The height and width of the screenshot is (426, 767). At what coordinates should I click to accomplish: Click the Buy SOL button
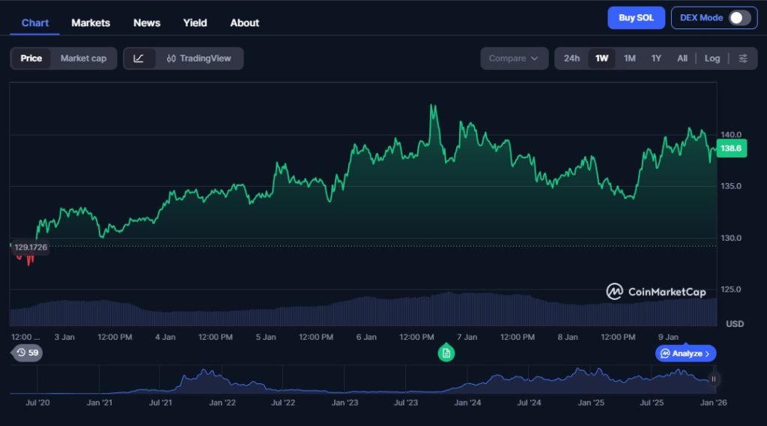point(636,18)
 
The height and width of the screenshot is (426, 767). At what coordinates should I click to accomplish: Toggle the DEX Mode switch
point(739,18)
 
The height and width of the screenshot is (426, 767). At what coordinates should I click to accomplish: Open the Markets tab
point(91,22)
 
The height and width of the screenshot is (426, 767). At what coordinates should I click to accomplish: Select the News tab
point(147,22)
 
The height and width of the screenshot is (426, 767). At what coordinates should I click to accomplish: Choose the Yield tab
point(195,22)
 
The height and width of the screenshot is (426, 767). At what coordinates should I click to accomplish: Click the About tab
point(244,22)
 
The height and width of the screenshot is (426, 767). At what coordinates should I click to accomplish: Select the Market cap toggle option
point(83,58)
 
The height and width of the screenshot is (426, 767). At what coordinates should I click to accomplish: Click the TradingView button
point(199,58)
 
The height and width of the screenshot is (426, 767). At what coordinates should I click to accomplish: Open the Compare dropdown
point(514,58)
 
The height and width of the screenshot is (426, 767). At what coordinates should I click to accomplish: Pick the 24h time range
point(572,58)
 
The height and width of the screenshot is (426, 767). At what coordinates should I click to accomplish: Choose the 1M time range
point(630,58)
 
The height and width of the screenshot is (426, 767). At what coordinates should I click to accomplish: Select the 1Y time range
point(656,58)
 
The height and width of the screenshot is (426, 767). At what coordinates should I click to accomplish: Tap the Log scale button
point(712,58)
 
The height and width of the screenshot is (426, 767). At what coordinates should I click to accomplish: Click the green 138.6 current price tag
point(730,148)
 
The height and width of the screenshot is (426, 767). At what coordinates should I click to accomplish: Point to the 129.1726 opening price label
point(30,247)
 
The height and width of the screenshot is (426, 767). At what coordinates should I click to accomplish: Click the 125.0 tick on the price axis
point(730,289)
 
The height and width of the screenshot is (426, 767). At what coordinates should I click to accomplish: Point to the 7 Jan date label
point(467,337)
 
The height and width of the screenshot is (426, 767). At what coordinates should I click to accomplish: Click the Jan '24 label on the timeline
point(467,403)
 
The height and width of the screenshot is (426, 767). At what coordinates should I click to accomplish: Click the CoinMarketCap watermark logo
point(656,292)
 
